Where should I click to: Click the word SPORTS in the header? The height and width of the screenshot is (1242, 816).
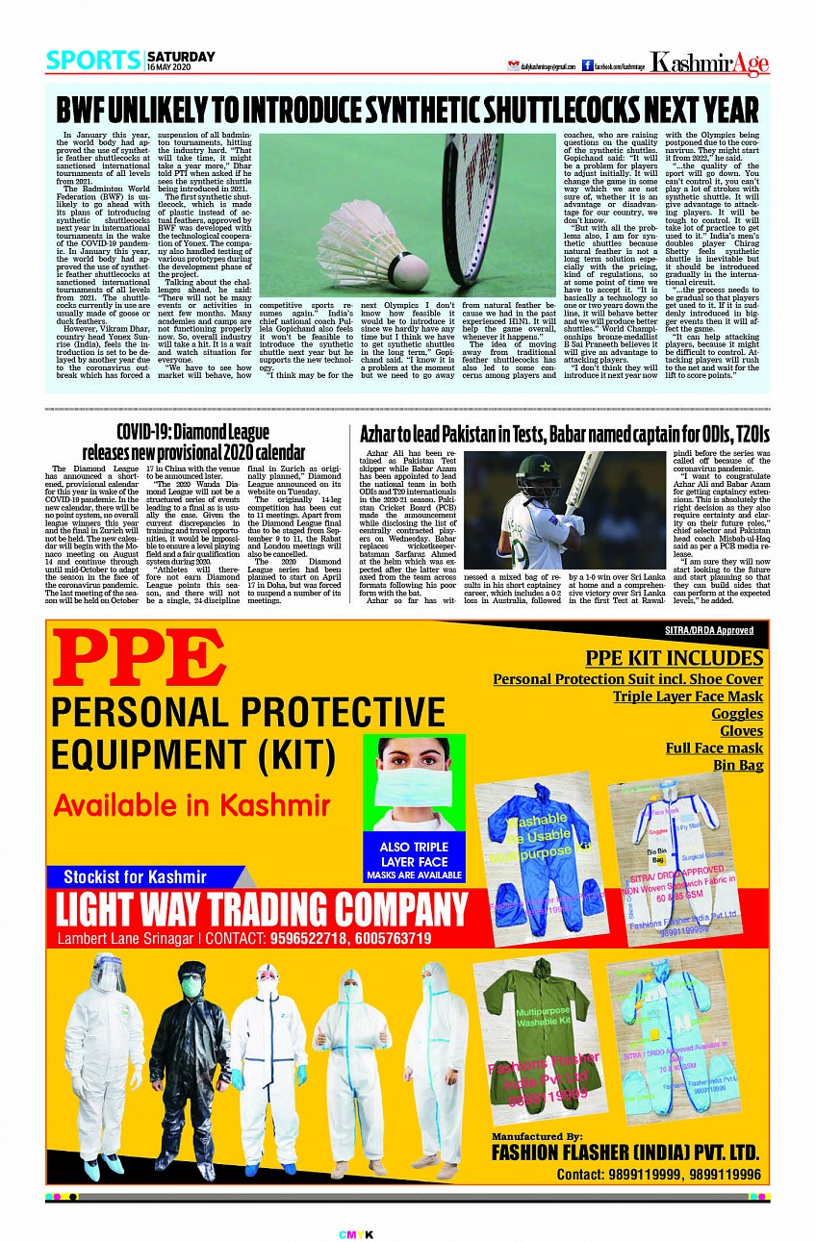click(93, 61)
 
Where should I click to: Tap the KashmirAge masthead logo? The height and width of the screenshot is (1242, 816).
click(709, 63)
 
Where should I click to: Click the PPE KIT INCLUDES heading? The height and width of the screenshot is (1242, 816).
click(674, 658)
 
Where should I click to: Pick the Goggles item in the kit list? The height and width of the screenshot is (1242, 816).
click(736, 714)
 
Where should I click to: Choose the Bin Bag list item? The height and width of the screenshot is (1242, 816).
click(738, 766)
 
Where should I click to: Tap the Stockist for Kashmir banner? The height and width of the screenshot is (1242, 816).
click(135, 876)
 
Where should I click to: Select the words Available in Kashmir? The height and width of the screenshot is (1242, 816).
click(191, 806)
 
